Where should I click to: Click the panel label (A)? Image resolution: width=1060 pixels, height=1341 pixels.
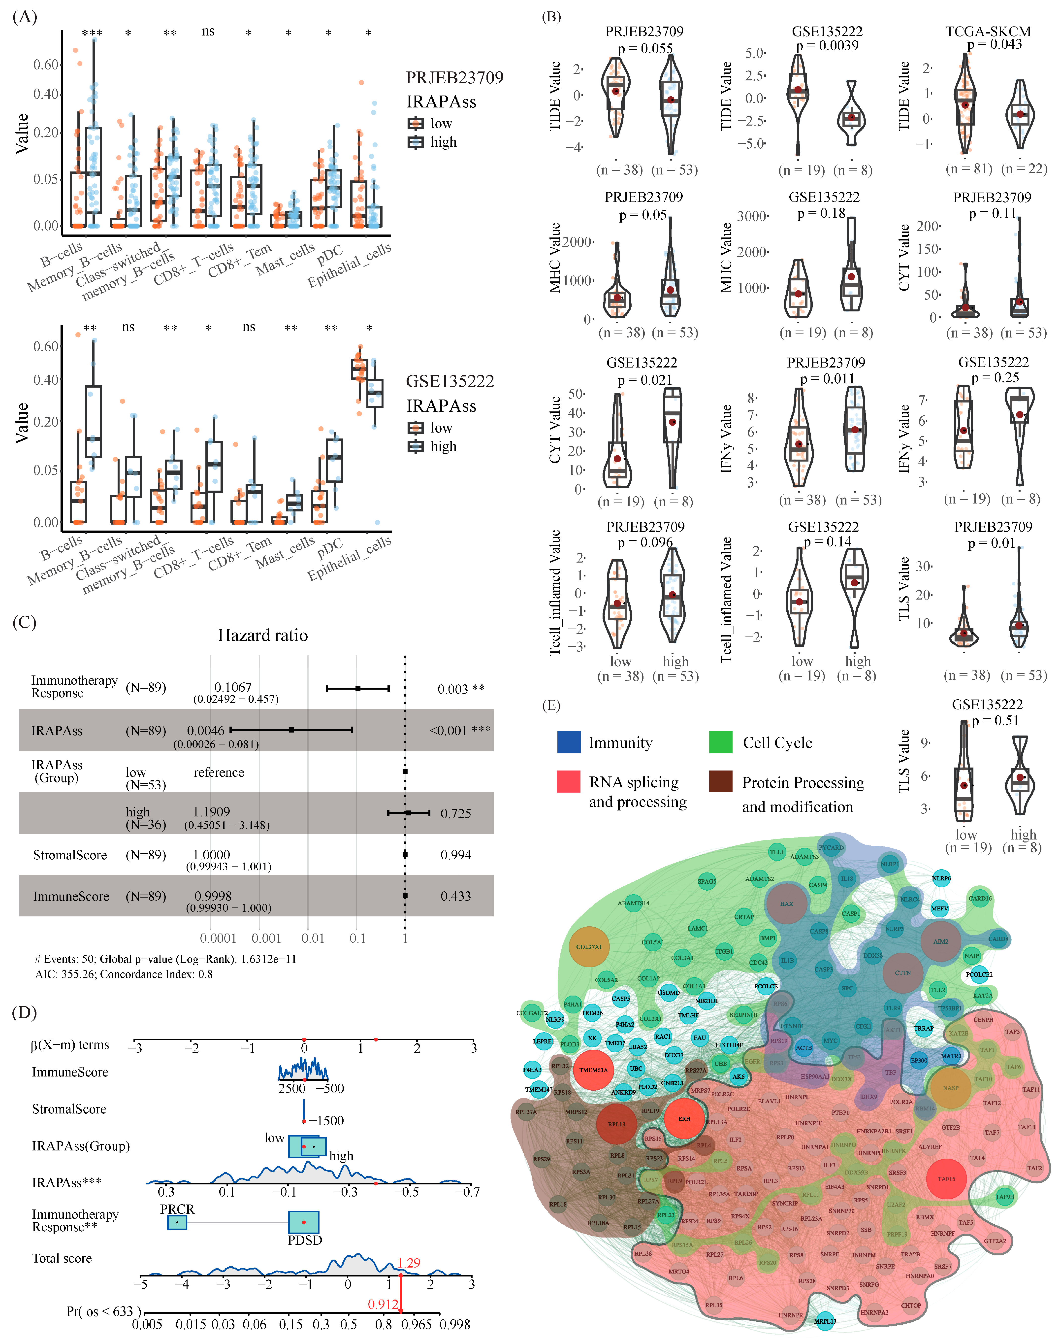tap(25, 17)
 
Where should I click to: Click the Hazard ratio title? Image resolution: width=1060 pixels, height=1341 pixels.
tap(262, 635)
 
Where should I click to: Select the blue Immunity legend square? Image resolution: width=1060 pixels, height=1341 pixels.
tap(569, 742)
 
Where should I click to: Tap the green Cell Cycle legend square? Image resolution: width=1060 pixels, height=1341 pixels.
tap(721, 742)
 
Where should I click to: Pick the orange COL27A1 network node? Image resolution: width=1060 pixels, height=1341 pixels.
tap(589, 947)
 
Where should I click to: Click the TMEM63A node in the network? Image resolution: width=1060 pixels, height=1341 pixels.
tap(594, 1070)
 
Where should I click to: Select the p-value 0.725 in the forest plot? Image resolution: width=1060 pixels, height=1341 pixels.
tap(455, 813)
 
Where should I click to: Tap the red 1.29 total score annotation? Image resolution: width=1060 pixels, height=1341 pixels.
tap(408, 1263)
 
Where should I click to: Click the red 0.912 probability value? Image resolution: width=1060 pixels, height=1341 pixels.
tap(383, 1304)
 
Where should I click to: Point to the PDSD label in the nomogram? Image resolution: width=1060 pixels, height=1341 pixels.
tap(305, 1240)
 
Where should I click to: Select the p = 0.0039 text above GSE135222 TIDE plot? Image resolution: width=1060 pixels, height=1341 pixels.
tap(827, 45)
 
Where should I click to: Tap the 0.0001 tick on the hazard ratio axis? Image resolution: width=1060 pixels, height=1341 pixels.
tap(218, 938)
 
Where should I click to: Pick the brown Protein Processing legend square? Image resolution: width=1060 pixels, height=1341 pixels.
tap(721, 782)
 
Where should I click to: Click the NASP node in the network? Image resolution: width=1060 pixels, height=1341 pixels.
tap(950, 1088)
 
